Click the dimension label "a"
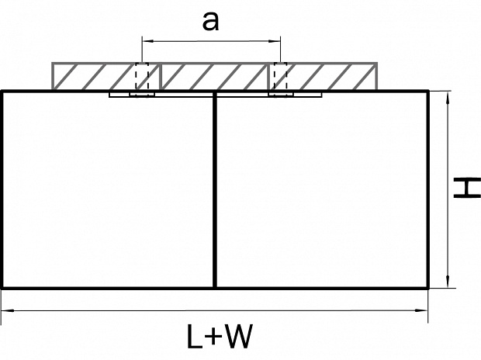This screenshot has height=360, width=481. point(209,21)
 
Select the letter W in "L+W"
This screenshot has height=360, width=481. point(240,336)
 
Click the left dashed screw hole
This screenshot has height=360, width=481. point(141,78)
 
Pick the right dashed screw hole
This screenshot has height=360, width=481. point(279,78)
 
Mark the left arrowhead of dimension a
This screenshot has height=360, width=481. point(145,39)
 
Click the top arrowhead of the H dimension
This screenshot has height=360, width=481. point(448,95)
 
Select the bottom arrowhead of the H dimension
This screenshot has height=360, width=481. point(448,283)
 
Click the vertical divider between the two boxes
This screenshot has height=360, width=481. point(214,190)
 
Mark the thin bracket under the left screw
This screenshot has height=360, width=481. point(132,95)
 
